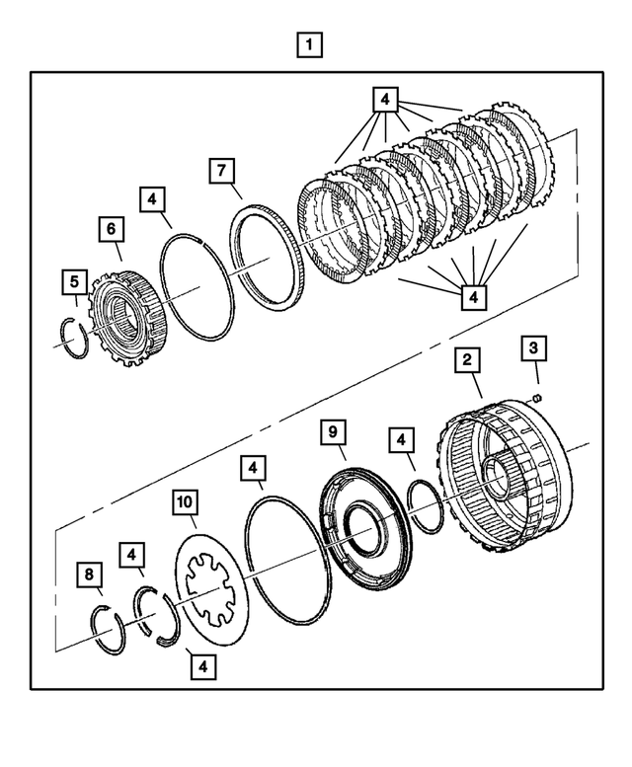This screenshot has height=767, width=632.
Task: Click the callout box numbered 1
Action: (310, 44)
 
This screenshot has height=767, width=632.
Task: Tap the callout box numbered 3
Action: (534, 347)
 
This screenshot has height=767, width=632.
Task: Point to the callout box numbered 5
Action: (72, 282)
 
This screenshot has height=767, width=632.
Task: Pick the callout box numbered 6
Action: (110, 229)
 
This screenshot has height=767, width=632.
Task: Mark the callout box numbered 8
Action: (90, 574)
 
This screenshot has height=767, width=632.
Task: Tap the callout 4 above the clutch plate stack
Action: (386, 100)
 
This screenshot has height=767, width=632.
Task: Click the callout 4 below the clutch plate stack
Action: (472, 295)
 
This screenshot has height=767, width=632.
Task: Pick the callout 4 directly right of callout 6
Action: (151, 199)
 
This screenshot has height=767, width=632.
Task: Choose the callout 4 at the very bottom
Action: (202, 666)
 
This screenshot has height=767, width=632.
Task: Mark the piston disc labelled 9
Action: (361, 517)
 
